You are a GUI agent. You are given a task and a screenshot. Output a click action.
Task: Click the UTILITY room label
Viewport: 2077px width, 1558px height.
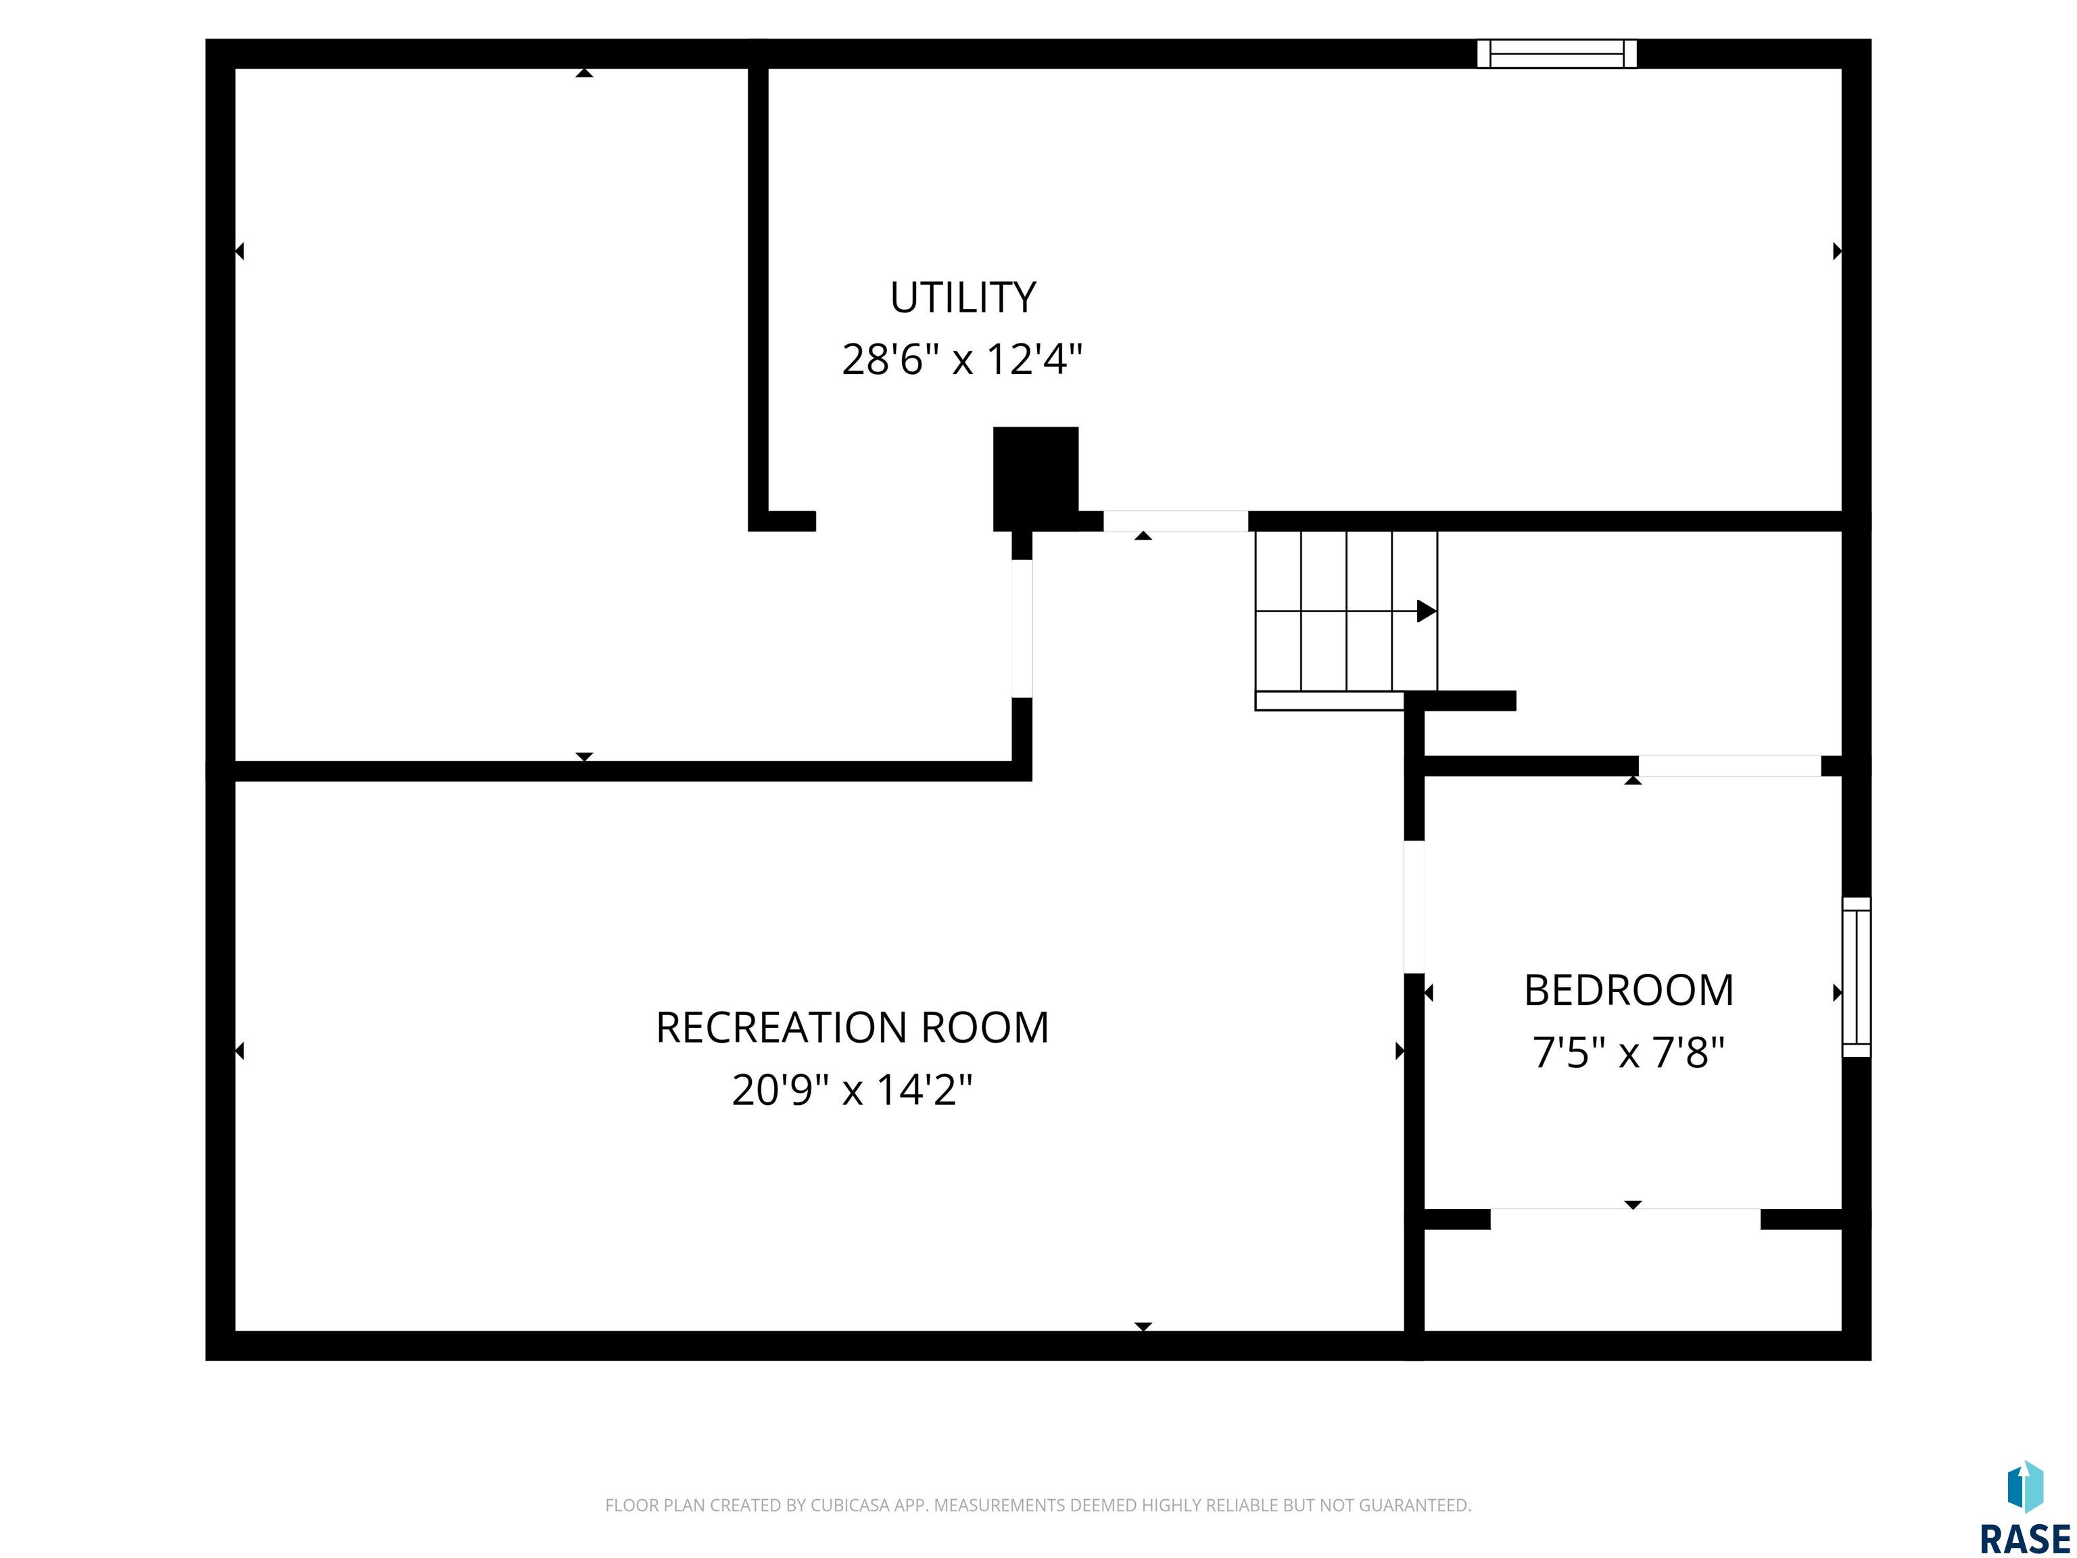tap(963, 298)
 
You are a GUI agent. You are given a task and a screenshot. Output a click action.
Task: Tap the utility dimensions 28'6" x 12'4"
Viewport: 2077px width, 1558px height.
tap(963, 360)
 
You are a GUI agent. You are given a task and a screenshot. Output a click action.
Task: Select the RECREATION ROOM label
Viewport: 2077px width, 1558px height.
tap(852, 1027)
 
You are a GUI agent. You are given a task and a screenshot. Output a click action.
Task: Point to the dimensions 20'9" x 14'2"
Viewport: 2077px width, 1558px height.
tap(852, 1090)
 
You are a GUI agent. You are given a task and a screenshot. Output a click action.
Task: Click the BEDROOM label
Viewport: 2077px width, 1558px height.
tap(1629, 991)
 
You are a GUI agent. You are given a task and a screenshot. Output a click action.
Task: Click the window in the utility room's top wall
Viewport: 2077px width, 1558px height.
tap(1557, 53)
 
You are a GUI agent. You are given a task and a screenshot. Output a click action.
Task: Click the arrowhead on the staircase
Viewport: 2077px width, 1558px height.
tap(1427, 611)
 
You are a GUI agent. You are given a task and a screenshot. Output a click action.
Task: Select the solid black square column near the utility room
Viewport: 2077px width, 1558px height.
tap(1036, 479)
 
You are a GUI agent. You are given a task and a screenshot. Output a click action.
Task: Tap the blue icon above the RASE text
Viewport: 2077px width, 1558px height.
tap(2026, 1486)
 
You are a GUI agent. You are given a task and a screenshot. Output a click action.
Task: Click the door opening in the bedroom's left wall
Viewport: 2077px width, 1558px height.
tap(1414, 906)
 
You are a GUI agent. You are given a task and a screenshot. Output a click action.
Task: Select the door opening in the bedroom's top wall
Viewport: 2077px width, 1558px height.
tap(1729, 765)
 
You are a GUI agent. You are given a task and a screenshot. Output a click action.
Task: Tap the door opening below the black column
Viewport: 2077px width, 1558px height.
tap(1022, 628)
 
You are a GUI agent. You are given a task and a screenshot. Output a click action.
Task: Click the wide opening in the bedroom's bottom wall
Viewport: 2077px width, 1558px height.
tap(1625, 1219)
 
